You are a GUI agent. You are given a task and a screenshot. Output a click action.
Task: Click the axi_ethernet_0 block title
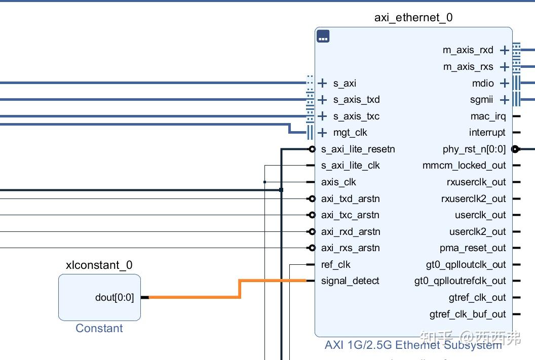tap(413, 17)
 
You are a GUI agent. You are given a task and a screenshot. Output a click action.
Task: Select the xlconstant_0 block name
tap(99, 265)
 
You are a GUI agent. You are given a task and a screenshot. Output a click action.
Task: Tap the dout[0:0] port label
tap(114, 298)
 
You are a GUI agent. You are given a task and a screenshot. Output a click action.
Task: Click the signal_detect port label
tap(350, 281)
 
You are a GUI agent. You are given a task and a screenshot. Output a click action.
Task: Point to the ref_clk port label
tap(336, 264)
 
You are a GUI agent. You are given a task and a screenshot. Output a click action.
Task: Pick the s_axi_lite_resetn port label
tap(358, 149)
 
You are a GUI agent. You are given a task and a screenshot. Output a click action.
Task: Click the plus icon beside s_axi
tap(322, 83)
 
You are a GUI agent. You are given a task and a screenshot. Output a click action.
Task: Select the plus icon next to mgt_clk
tap(322, 133)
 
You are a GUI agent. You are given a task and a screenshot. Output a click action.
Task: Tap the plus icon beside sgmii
tap(504, 100)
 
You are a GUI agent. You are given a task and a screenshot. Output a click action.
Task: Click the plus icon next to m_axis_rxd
tap(504, 51)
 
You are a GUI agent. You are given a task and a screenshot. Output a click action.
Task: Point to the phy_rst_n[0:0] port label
tap(474, 149)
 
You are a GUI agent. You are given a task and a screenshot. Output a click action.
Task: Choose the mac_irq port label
tap(488, 116)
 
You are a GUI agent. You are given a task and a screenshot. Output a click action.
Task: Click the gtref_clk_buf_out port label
tap(468, 314)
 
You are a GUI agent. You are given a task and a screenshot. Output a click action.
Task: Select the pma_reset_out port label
tap(473, 248)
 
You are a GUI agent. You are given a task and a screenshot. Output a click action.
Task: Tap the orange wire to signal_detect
tap(240, 289)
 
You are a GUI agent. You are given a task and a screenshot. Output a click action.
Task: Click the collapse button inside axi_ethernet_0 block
tap(323, 36)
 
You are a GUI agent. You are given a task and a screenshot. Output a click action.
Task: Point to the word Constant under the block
tap(99, 328)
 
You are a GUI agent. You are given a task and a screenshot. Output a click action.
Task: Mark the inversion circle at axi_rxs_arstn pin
tap(312, 248)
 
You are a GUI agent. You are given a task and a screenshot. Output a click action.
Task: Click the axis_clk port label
tap(338, 182)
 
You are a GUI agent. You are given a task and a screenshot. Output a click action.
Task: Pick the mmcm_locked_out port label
tap(464, 166)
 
